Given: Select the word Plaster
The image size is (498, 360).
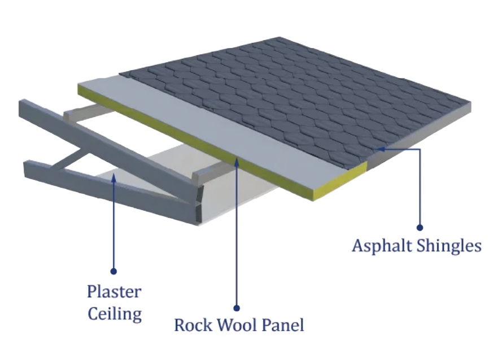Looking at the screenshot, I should pyautogui.click(x=113, y=292).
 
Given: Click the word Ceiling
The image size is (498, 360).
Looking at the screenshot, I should pyautogui.click(x=115, y=313).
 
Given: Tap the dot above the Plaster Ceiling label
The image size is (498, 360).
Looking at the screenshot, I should pyautogui.click(x=113, y=271).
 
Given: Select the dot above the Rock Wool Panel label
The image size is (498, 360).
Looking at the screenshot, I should pyautogui.click(x=237, y=308).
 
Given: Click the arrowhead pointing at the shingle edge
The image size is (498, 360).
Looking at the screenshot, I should pyautogui.click(x=380, y=149).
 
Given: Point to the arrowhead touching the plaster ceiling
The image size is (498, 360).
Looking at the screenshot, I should pyautogui.click(x=113, y=177).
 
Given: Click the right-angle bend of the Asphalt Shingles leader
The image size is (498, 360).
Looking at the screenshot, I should pyautogui.click(x=420, y=149).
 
